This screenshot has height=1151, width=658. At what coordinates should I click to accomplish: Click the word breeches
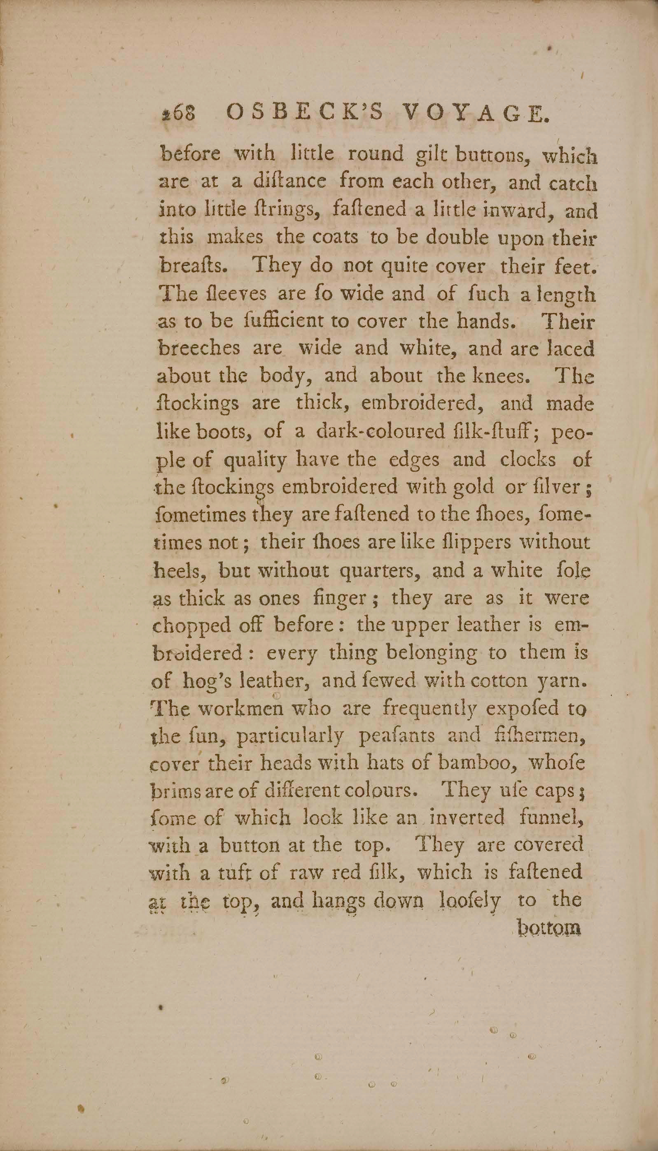coord(199,349)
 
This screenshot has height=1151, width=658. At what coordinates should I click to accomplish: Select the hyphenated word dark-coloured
coord(380,432)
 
